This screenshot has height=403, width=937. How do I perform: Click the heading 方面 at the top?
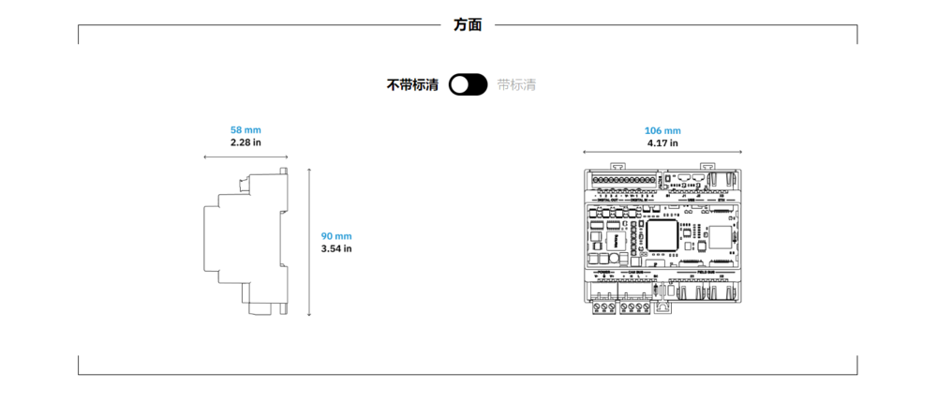(468, 25)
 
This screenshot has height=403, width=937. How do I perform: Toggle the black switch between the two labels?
(468, 85)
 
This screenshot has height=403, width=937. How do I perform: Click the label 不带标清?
(412, 85)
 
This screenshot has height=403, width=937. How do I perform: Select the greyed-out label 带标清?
(517, 85)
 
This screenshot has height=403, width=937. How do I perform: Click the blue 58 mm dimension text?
(245, 129)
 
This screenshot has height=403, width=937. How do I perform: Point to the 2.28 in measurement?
(245, 142)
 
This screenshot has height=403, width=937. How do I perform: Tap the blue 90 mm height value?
(336, 236)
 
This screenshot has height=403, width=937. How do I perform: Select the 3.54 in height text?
(336, 249)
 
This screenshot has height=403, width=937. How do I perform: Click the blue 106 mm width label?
(662, 130)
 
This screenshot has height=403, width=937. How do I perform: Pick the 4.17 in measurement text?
(662, 143)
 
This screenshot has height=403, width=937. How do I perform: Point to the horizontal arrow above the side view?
(245, 157)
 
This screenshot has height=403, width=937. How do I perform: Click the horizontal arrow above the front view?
(662, 152)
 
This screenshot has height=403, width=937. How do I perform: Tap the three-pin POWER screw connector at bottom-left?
(603, 306)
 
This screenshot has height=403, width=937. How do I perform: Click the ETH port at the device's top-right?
(722, 178)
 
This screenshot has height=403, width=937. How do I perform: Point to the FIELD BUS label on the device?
(707, 272)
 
